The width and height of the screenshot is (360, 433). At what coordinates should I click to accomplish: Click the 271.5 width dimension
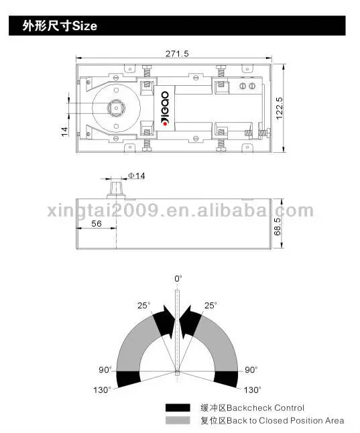[x=177, y=54]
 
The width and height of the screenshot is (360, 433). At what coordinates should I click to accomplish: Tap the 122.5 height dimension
[x=280, y=108]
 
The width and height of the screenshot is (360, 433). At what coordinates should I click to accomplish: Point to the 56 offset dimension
[x=97, y=223]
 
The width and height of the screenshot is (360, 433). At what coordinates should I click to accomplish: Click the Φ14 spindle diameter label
[x=136, y=176]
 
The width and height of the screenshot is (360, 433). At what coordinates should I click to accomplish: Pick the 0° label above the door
[x=178, y=279]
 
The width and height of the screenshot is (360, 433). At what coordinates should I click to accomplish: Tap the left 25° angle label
[x=144, y=306]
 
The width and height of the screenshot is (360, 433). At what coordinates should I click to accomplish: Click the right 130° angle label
[x=252, y=389]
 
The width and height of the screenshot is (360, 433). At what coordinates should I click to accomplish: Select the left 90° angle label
[x=105, y=369]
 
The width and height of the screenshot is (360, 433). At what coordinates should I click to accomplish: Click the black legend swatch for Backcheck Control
[x=178, y=408]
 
